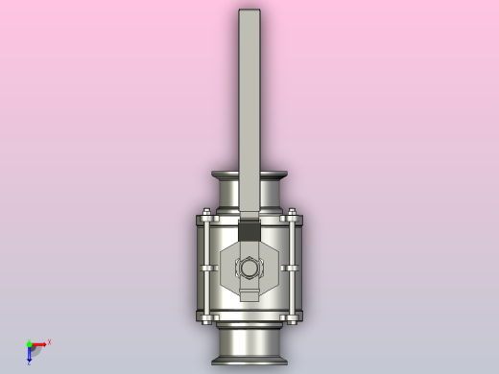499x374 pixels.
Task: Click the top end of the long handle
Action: tap(249, 13)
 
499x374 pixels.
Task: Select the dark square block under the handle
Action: tap(249, 230)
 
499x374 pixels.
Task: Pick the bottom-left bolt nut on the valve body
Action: tap(204, 316)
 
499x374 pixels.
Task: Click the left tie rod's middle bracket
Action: tap(204, 268)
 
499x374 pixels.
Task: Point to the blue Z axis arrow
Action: tap(29, 356)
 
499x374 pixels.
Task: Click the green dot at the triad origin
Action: tap(29, 344)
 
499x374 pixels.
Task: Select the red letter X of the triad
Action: tap(49, 341)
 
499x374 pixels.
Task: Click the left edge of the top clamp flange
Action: tap(214, 176)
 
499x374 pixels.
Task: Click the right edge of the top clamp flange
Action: tap(285, 176)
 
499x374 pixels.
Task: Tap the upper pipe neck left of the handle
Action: tap(228, 197)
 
